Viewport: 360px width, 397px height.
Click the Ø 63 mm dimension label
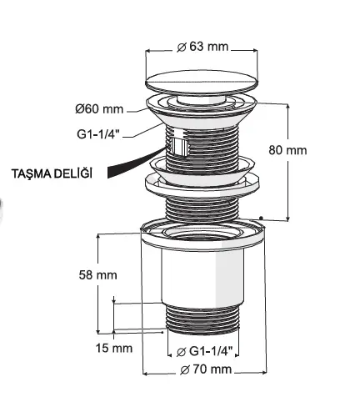click(x=202, y=47)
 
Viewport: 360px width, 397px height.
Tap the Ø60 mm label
click(x=99, y=108)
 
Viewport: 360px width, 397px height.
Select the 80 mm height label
click(x=287, y=150)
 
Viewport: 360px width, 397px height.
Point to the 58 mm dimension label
click(x=97, y=275)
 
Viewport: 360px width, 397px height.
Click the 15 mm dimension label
click(x=114, y=348)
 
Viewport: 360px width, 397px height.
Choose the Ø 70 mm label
click(x=206, y=369)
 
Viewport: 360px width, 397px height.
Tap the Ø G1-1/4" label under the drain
click(x=204, y=351)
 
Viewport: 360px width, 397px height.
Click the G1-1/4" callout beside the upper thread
click(x=98, y=134)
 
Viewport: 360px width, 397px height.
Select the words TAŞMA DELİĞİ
click(x=52, y=173)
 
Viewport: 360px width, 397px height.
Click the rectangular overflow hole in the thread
click(x=179, y=146)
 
